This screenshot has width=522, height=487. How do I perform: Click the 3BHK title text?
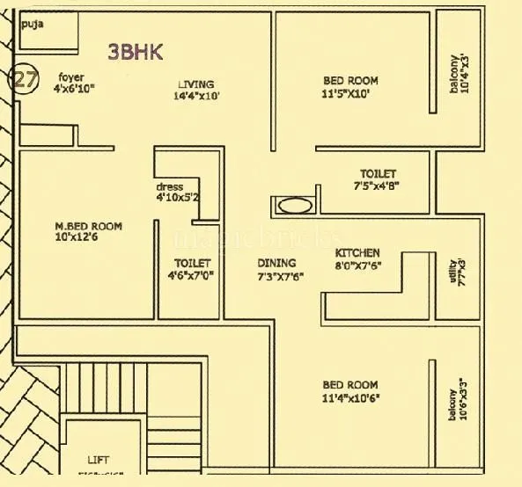135,52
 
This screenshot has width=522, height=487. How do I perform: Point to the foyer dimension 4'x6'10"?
73,89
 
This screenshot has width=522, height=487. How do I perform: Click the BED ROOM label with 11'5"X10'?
350,81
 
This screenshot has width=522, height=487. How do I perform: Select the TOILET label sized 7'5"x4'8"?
378,174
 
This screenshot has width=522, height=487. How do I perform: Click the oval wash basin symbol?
294,207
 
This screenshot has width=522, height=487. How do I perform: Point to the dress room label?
169,187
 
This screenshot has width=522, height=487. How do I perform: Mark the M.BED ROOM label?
88,226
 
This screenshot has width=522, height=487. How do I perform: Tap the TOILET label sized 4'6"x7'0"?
192,263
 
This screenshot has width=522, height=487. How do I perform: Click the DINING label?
276,263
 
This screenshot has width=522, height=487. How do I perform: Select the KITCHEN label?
357,252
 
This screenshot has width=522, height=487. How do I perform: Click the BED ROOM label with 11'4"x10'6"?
349,385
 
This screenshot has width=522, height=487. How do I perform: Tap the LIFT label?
99,460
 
